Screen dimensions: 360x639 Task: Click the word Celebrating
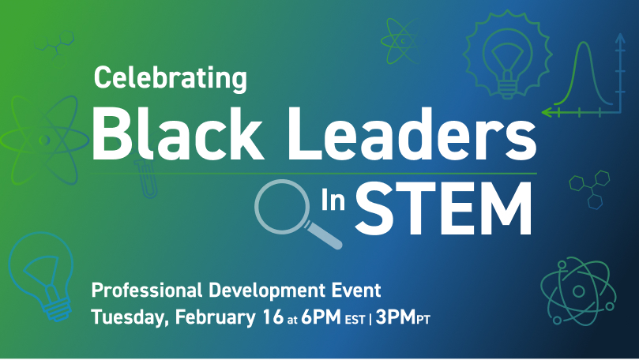(x=171, y=78)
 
